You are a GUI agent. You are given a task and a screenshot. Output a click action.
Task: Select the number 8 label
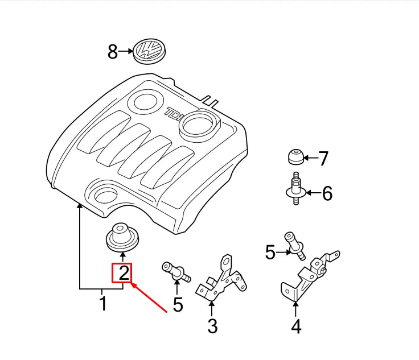pyautogui.click(x=112, y=52)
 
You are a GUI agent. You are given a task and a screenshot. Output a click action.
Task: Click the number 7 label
pyautogui.click(x=323, y=158)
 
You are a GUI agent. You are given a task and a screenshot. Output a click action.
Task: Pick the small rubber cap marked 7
pyautogui.click(x=295, y=155)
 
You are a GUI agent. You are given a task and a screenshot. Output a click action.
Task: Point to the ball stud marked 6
pyautogui.click(x=295, y=189)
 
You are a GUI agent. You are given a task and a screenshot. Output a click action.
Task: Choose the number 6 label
pyautogui.click(x=327, y=194)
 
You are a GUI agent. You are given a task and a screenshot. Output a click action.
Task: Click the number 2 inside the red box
pyautogui.click(x=123, y=274)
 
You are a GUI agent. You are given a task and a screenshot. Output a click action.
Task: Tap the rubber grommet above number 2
pyautogui.click(x=122, y=237)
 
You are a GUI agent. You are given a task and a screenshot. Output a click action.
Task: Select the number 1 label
pyautogui.click(x=102, y=303)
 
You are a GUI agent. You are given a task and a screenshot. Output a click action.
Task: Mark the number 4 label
pyautogui.click(x=295, y=326)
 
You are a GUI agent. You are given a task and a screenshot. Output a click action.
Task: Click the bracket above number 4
pyautogui.click(x=307, y=276)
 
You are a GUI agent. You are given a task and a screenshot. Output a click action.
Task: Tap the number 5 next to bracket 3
pyautogui.click(x=178, y=305)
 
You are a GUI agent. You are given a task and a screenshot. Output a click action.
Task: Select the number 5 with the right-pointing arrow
pyautogui.click(x=270, y=253)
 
